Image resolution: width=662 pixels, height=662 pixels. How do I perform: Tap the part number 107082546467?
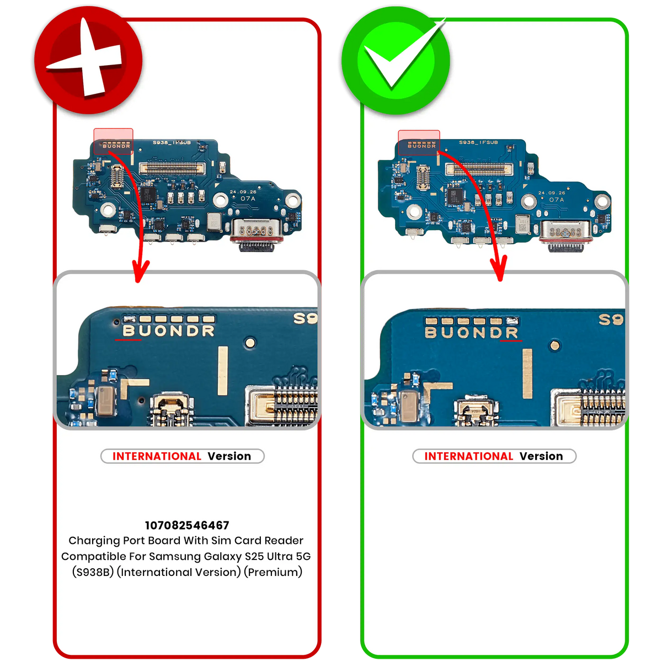coord(187,525)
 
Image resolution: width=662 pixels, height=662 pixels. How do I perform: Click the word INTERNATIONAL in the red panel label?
coord(157,456)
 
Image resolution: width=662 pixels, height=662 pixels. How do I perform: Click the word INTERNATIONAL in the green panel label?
coord(468,456)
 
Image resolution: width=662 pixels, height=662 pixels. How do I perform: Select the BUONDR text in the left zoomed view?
coord(168,331)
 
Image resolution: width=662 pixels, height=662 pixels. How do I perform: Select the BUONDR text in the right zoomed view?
coord(472,333)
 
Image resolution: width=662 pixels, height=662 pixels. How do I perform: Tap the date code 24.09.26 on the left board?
coord(243,192)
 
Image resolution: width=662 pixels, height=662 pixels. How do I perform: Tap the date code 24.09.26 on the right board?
coord(551,193)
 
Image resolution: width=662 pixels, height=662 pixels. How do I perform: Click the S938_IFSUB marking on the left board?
coord(172,143)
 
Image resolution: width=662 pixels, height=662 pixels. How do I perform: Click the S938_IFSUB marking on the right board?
coord(478,142)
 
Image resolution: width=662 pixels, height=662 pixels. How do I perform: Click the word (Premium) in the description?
coord(275,572)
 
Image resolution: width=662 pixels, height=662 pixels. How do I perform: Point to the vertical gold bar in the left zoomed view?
coord(223,370)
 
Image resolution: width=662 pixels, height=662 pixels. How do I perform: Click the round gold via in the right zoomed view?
coord(555,346)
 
